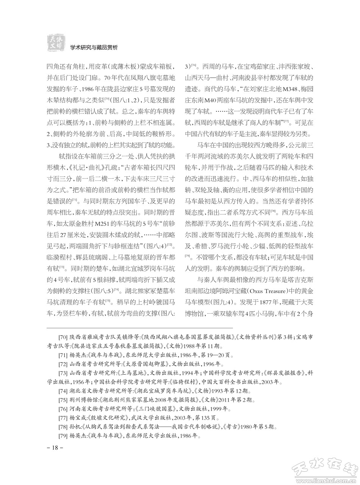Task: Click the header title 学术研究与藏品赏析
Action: tap(94, 47)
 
